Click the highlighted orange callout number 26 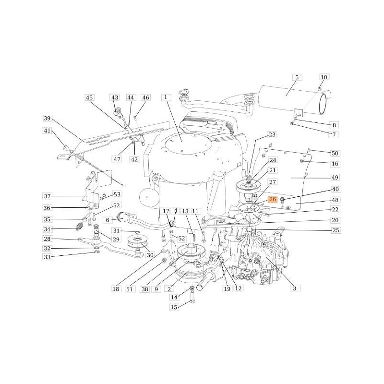pyautogui.click(x=273, y=199)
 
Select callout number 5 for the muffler pyautogui.click(x=297, y=77)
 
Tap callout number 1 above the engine pyautogui.click(x=166, y=97)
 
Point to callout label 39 pyautogui.click(x=47, y=119)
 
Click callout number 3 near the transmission pyautogui.click(x=295, y=288)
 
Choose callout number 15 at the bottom pyautogui.click(x=174, y=307)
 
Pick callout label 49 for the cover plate pyautogui.click(x=335, y=178)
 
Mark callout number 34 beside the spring pyautogui.click(x=47, y=229)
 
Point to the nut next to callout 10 pyautogui.click(x=320, y=89)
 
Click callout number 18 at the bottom pyautogui.click(x=116, y=289)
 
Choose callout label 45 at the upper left pyautogui.click(x=89, y=97)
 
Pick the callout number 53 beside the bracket pyautogui.click(x=117, y=194)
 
